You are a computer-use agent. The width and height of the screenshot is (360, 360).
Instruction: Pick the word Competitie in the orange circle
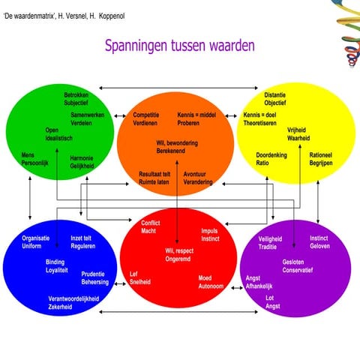(145, 115)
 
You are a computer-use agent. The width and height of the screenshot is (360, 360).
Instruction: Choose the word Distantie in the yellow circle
(275, 95)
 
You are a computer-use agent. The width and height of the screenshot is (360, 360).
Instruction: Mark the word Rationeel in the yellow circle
(323, 155)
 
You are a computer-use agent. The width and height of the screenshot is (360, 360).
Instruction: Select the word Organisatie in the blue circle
(36, 238)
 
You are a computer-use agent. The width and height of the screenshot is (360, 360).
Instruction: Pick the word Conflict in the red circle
(151, 223)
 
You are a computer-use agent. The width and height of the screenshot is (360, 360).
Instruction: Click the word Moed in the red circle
(205, 277)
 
